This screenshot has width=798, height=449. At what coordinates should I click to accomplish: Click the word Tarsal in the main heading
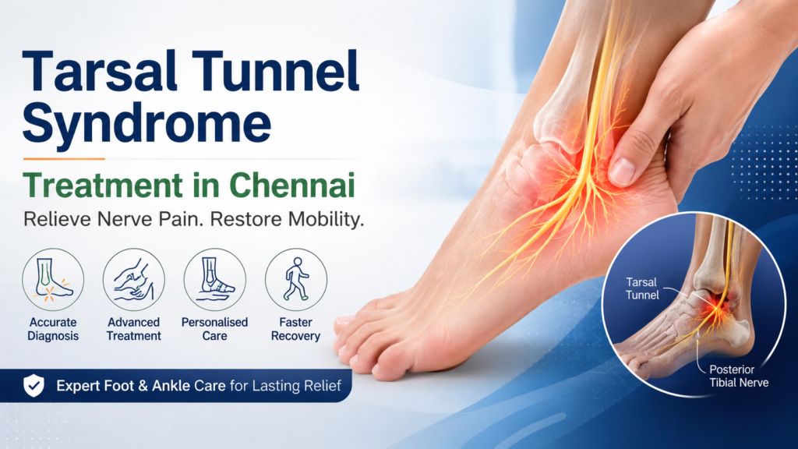[100, 71]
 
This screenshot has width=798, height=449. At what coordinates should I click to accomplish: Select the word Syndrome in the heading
[147, 123]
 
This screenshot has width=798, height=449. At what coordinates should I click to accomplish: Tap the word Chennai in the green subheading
[291, 186]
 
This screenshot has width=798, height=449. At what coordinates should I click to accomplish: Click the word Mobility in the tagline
[326, 219]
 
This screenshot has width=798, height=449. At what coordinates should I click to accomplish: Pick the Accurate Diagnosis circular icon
[53, 280]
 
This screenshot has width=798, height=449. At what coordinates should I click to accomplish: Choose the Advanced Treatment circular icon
[134, 280]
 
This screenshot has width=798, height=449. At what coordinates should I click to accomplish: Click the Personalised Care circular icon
[215, 280]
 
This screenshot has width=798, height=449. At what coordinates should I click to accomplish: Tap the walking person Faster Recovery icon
[296, 280]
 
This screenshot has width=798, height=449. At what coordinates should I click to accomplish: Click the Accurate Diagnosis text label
[53, 329]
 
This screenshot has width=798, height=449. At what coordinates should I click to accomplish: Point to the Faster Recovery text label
[295, 329]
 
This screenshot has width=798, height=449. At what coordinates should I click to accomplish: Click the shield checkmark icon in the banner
[34, 385]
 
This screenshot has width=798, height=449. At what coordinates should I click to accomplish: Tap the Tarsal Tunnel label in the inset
[642, 288]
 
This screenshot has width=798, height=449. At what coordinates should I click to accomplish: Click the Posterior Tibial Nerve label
[739, 377]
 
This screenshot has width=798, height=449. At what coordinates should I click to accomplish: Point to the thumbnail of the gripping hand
[621, 171]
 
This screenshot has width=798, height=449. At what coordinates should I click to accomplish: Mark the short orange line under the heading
[64, 159]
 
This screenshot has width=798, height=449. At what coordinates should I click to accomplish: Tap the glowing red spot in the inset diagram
[718, 306]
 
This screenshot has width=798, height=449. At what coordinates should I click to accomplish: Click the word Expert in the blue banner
[78, 386]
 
